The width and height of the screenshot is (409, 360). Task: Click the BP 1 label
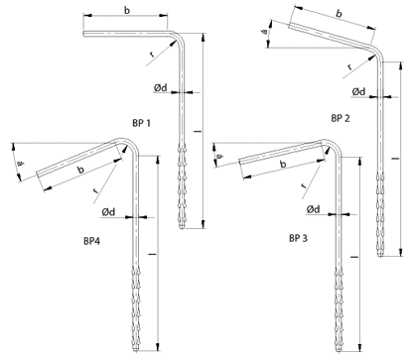tap(141, 123)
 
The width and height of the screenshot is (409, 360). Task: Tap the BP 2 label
tap(341, 118)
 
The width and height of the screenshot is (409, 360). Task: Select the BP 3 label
tap(298, 238)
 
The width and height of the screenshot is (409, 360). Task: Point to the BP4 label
tap(91, 241)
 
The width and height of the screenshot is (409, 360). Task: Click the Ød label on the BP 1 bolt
tap(161, 88)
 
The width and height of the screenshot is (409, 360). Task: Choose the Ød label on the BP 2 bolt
tap(358, 91)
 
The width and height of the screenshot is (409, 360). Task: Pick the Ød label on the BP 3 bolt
tap(313, 209)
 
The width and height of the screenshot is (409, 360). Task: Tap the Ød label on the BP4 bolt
tap(108, 212)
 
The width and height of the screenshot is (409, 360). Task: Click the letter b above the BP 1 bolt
tap(127, 10)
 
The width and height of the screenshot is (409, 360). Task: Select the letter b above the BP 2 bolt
tap(339, 14)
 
